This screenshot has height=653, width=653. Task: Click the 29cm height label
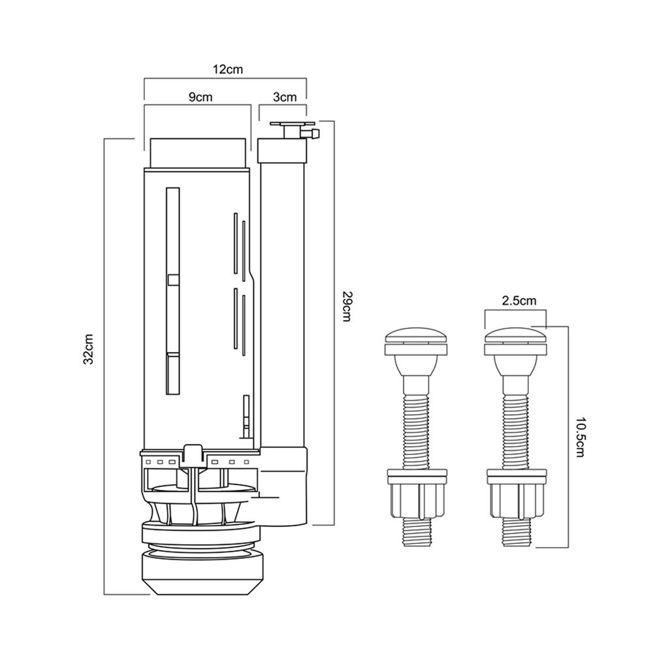pyautogui.click(x=347, y=306)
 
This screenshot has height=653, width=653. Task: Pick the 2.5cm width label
pyautogui.click(x=520, y=301)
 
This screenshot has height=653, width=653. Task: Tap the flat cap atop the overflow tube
pyautogui.click(x=292, y=122)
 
